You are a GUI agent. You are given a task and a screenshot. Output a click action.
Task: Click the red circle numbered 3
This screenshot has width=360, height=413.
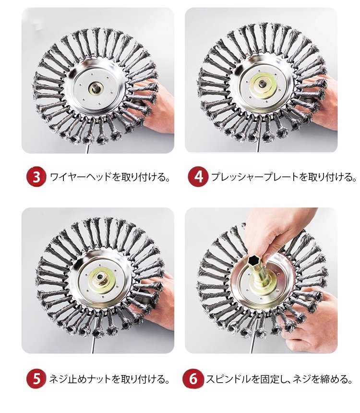point(36,177)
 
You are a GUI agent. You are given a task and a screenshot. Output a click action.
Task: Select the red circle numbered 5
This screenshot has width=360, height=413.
point(36,378)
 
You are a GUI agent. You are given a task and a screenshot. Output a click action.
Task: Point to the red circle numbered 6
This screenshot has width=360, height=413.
point(193,378)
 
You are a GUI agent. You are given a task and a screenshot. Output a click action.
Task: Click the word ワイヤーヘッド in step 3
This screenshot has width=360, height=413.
point(81,177)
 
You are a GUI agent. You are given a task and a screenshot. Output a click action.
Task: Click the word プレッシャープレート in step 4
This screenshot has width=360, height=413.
point(255,177)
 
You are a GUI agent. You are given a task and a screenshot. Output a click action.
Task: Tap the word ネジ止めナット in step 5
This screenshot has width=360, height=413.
point(81,379)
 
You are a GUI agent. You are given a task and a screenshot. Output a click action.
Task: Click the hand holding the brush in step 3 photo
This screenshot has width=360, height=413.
point(156,105)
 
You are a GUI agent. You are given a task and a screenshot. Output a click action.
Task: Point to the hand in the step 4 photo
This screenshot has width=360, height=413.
point(321,103)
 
